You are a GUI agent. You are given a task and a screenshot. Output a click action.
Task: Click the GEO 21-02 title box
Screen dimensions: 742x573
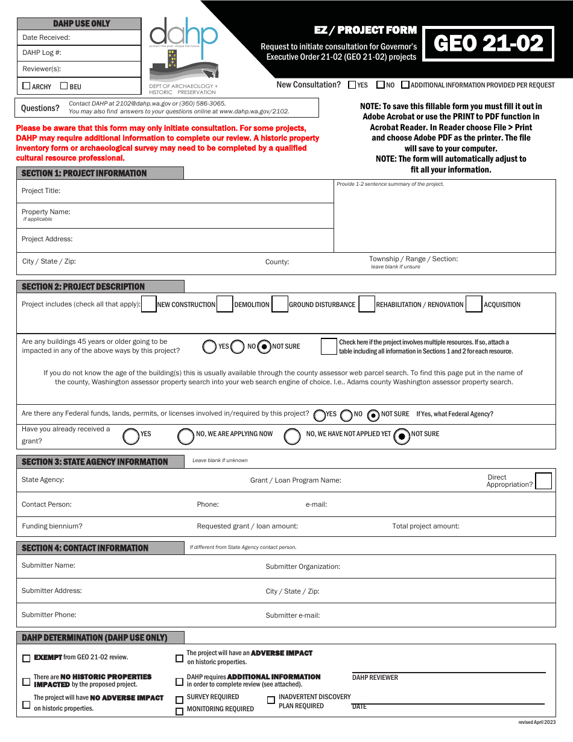click(488, 43)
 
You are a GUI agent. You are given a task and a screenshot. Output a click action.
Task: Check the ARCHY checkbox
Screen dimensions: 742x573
click(26, 86)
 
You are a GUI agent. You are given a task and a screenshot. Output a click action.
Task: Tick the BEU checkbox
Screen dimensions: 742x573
click(64, 86)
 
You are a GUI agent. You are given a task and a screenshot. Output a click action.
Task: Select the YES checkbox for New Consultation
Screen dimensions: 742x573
click(352, 85)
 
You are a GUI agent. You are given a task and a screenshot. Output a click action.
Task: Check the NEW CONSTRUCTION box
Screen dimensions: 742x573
click(148, 304)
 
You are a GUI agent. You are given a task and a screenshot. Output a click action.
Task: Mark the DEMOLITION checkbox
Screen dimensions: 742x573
click(225, 304)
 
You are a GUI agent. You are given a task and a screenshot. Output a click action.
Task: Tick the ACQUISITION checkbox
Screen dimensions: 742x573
click(474, 304)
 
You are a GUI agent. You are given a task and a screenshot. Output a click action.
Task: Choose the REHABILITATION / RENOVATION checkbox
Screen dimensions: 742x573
click(367, 304)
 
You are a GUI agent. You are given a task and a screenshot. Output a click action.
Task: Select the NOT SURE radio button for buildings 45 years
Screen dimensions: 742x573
click(264, 347)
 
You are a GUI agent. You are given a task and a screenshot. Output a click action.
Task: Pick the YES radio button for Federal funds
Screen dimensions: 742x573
click(320, 415)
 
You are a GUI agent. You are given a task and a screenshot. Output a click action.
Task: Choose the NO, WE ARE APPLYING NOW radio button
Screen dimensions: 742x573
click(186, 436)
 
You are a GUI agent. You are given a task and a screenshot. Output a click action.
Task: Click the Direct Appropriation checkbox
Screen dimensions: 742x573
click(543, 481)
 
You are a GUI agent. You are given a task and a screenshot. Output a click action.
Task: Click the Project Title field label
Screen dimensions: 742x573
click(41, 191)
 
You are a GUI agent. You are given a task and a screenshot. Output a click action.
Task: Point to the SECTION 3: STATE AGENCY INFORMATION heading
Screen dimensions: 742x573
click(95, 462)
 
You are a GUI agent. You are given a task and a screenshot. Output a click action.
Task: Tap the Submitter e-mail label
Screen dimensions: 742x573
click(293, 615)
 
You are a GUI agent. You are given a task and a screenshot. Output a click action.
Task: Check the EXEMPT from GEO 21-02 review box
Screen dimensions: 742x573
click(26, 658)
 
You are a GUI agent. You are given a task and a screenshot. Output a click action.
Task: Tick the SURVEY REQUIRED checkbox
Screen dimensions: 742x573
click(179, 700)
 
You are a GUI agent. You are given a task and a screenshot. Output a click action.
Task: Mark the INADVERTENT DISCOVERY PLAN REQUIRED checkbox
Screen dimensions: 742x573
click(271, 700)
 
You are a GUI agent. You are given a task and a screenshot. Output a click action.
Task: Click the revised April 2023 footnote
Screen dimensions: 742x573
click(537, 722)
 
